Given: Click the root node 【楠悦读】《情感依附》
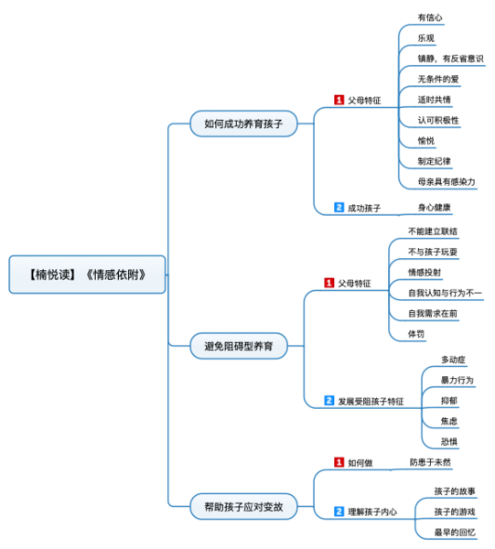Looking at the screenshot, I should point(87,274).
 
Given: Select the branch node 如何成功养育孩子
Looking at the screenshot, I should point(244,124).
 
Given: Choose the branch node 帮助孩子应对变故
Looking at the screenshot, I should point(244,505).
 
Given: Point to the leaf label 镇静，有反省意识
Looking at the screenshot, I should point(450,59).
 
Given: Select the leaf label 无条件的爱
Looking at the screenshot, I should point(437,79).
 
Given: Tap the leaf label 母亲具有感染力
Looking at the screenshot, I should point(446,181).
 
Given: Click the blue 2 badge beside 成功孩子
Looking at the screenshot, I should point(339,208).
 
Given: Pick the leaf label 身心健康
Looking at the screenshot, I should point(434,208).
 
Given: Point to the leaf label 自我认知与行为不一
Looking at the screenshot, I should point(446,293).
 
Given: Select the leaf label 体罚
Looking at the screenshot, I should point(416,334).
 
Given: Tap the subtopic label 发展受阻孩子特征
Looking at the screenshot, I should point(371,401).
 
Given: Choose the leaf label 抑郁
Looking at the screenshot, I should point(449,401).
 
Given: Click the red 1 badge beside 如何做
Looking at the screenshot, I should point(339,463).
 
